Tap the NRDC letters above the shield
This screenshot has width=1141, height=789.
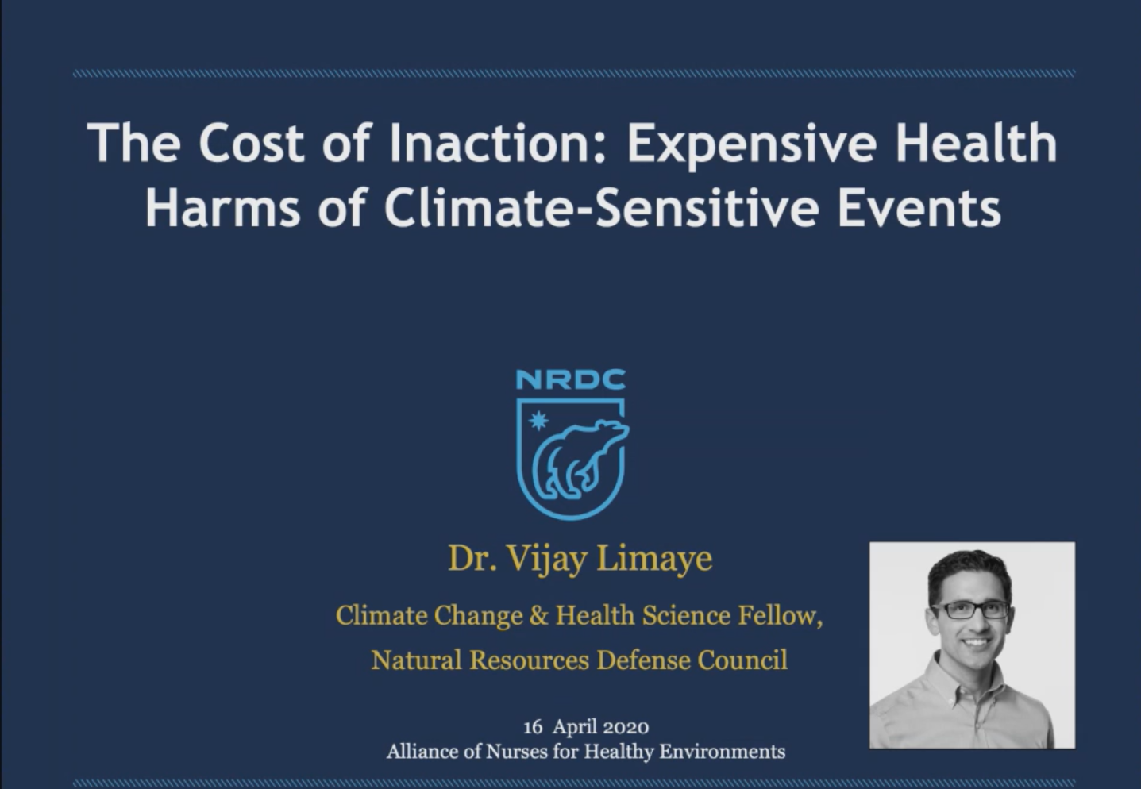(x=571, y=379)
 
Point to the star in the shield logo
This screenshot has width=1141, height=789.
(x=538, y=421)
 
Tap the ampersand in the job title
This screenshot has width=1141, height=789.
(x=539, y=615)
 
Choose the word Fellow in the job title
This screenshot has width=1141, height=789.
(x=780, y=615)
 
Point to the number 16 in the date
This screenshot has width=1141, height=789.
(x=533, y=727)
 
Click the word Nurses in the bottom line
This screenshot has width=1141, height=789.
(x=516, y=752)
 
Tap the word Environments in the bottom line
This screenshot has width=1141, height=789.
(x=723, y=752)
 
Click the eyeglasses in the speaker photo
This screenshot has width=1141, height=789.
(x=969, y=610)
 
